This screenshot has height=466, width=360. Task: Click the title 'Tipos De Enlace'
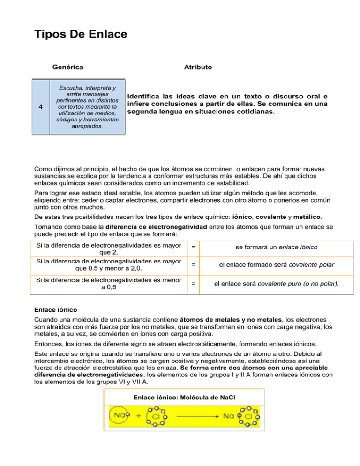[80, 35]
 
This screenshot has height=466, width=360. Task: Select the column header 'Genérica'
[68, 67]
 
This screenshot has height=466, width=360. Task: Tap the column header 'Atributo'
[198, 67]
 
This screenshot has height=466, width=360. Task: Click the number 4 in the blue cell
[41, 107]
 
